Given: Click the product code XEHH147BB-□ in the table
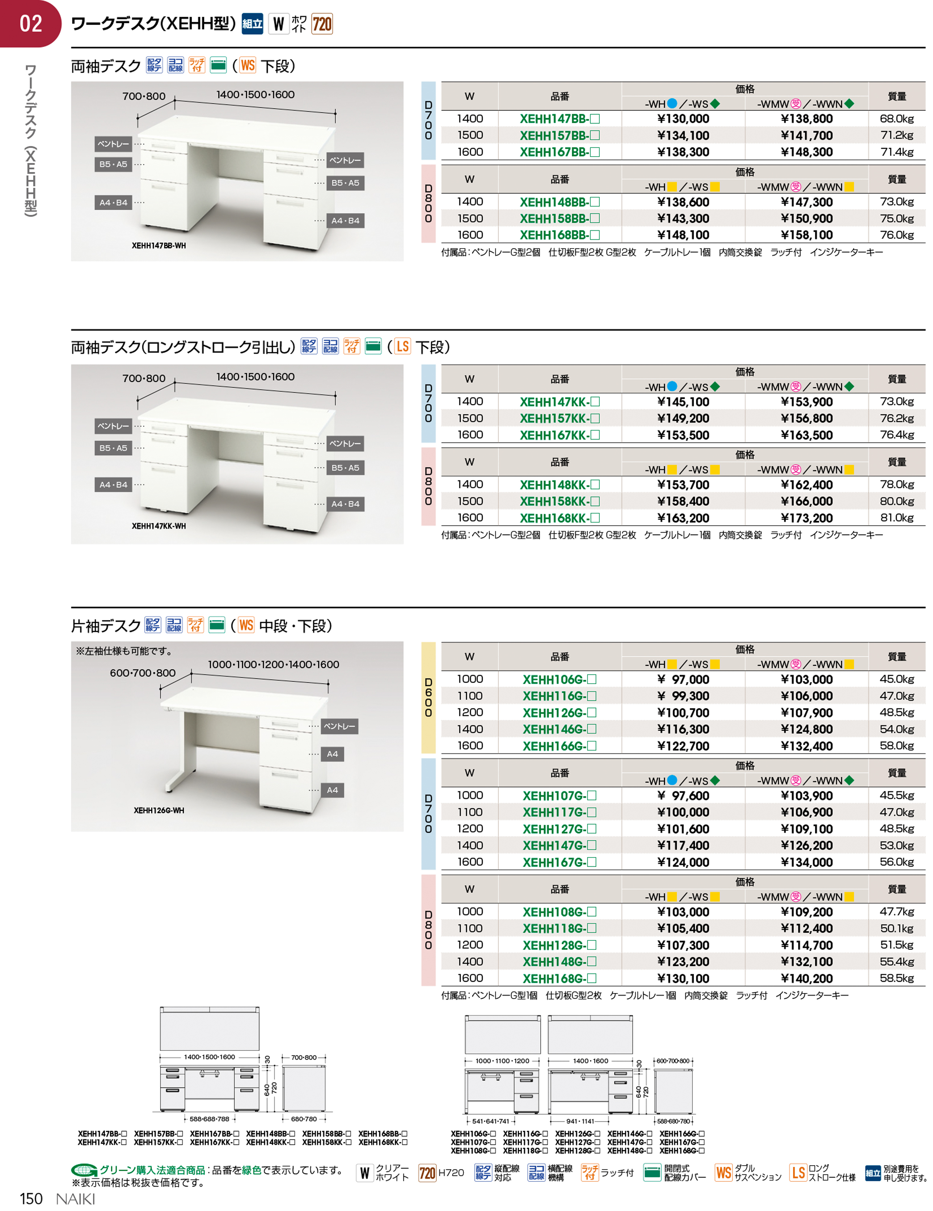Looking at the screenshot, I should point(559,119).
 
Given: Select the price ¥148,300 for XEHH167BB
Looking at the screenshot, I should point(806,152).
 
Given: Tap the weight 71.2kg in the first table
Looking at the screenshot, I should point(896,135).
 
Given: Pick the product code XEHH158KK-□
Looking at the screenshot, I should point(559,501).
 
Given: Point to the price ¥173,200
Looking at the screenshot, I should point(806,518).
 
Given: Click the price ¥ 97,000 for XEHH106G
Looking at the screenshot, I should point(683,679).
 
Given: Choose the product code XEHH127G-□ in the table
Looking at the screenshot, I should point(559,829).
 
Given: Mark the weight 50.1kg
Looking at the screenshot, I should point(896,928).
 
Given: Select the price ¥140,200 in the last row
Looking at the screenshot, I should point(806,978).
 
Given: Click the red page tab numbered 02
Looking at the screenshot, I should point(30,23).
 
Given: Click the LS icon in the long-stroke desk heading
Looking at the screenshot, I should point(403,347).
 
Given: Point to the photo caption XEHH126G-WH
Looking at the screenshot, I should point(159,810).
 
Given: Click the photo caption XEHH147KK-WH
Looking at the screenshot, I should point(159,526).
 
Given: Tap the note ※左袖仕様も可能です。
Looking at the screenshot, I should point(125,651).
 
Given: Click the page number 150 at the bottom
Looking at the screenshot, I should point(31,1198).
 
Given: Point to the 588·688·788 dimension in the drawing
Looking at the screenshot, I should point(209,1119).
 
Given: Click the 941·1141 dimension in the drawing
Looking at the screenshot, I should point(579,1121).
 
